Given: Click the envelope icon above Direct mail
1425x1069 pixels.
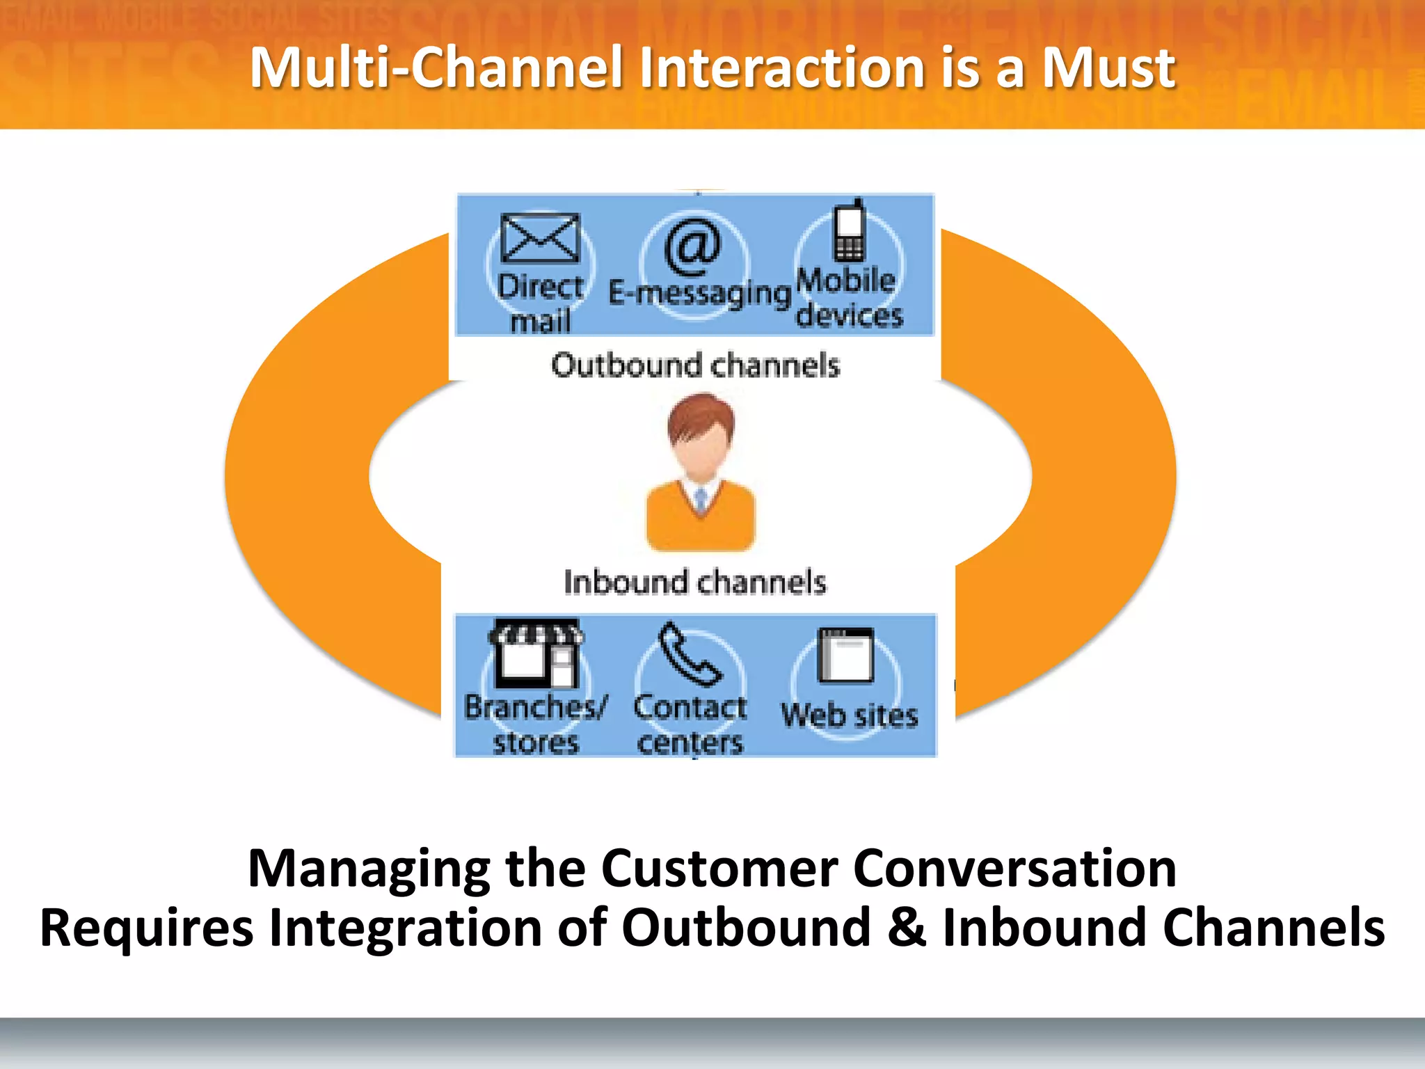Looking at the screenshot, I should [x=540, y=238].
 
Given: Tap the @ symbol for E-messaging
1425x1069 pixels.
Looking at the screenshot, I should [x=692, y=246].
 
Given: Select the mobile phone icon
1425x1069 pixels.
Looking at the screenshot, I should [x=850, y=232].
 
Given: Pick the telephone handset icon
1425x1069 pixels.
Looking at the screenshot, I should [x=689, y=654].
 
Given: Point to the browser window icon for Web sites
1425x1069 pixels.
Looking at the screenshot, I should [x=845, y=655].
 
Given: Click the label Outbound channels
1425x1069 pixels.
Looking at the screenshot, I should [x=695, y=365].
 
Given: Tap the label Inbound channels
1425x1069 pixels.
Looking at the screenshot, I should [x=694, y=583].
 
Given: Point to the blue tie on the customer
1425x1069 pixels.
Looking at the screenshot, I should [x=701, y=499].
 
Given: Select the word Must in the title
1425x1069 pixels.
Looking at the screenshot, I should [x=1108, y=68].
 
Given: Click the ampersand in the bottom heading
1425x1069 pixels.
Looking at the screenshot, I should [x=907, y=928].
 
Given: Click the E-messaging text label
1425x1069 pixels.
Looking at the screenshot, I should [x=699, y=293].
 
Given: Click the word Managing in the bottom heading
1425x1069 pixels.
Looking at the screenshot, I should [x=369, y=870].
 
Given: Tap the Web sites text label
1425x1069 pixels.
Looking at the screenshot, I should [x=849, y=715].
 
